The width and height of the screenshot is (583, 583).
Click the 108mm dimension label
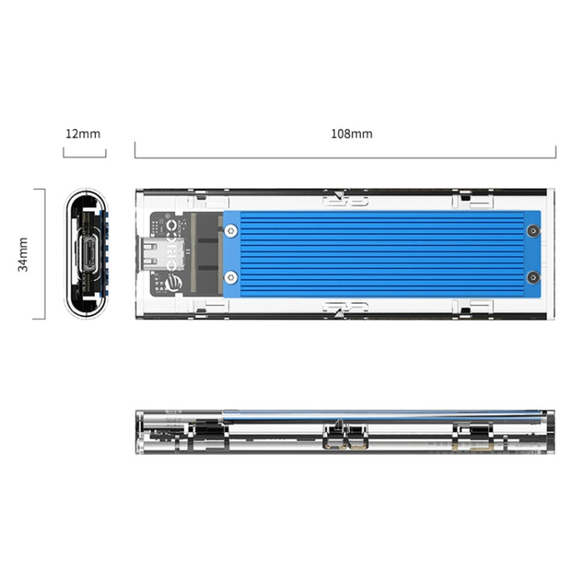click(x=351, y=134)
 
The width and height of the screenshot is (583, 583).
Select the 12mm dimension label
click(x=82, y=134)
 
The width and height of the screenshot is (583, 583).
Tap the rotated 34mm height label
click(x=23, y=254)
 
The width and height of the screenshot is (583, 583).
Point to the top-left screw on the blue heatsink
click(x=232, y=230)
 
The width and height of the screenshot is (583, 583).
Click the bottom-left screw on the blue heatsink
click(x=232, y=277)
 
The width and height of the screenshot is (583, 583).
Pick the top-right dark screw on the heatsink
click(x=532, y=231)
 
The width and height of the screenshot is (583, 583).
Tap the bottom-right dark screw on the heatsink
click(x=532, y=277)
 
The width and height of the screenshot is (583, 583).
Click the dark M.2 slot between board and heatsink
click(x=206, y=253)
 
